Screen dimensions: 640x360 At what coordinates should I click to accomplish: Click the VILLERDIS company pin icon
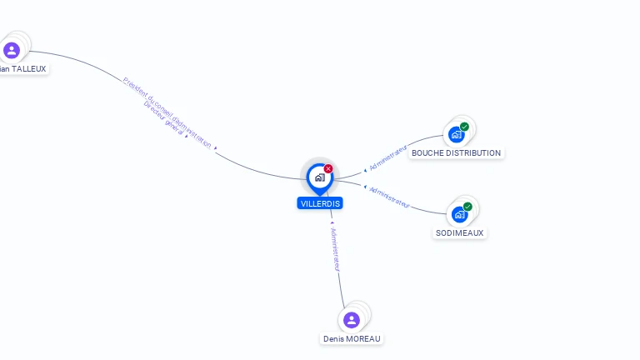(319, 177)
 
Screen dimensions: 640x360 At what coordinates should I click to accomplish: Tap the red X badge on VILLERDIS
(328, 169)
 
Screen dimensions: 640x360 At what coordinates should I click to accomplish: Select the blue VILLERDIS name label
(320, 203)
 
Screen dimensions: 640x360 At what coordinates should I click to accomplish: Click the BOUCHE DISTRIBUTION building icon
(456, 134)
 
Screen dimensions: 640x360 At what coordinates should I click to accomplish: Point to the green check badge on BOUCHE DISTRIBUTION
(465, 127)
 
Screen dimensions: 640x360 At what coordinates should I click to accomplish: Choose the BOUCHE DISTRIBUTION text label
(456, 153)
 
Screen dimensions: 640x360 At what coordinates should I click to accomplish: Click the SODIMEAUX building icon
(459, 214)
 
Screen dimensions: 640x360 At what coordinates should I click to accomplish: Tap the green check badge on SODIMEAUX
(467, 207)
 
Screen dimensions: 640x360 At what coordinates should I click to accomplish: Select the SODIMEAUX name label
(459, 233)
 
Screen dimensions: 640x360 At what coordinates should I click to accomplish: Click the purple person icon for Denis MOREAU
(352, 320)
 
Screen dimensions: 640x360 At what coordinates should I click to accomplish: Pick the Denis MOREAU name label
(352, 339)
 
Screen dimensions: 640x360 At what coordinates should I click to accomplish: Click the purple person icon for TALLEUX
(12, 51)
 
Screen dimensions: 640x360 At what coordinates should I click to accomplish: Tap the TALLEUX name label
(23, 68)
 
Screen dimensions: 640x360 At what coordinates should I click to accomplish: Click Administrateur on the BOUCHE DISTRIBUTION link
(387, 157)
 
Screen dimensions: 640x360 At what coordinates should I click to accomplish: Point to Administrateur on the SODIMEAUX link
(389, 197)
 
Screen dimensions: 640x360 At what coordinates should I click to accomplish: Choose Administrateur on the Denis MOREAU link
(335, 249)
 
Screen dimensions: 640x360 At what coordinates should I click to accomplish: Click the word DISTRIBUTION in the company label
(473, 153)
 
